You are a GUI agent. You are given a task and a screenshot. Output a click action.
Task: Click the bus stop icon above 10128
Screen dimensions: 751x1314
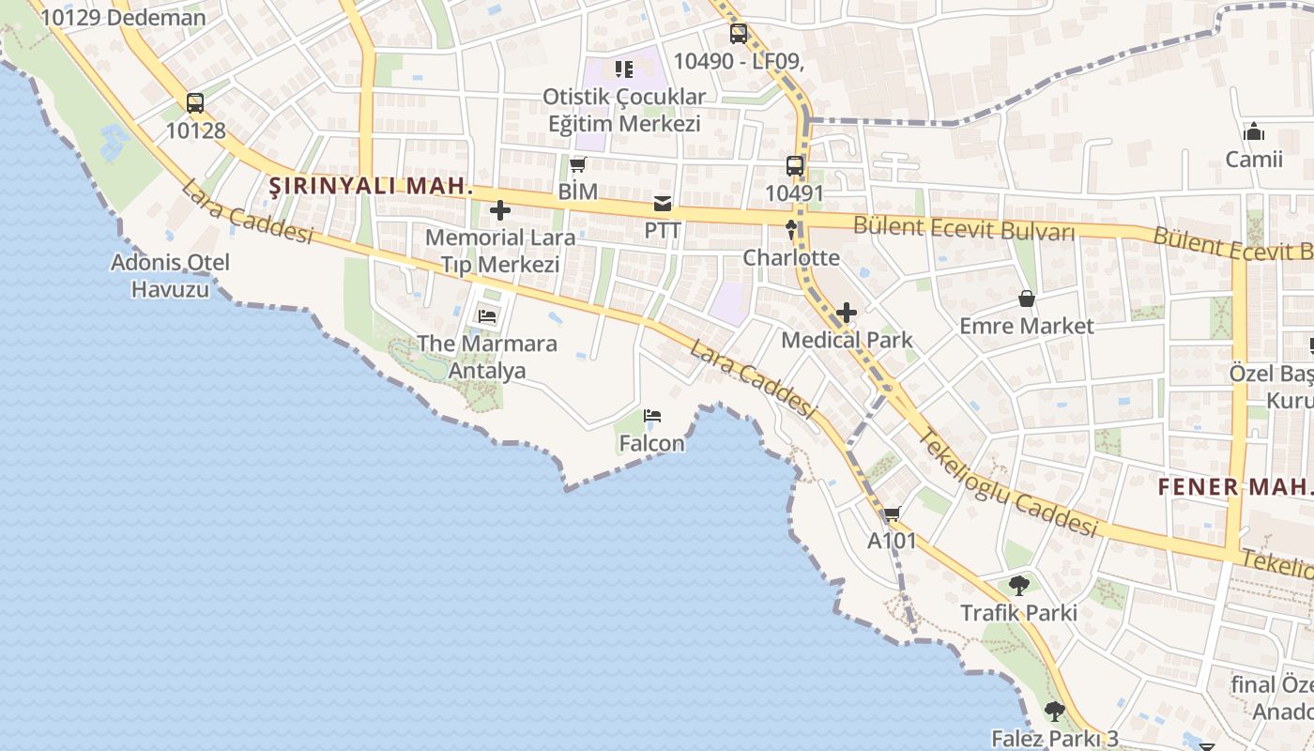[195, 103]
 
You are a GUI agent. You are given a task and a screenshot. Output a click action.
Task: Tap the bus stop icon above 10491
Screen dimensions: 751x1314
[795, 166]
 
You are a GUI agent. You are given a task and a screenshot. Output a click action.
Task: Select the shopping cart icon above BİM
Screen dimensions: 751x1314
[577, 165]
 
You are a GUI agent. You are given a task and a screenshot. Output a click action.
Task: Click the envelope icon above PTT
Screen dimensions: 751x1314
[663, 204]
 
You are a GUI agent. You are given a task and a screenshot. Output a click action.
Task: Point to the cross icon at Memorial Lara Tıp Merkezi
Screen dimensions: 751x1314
[500, 210]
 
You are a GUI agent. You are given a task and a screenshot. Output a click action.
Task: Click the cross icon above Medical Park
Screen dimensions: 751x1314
[847, 312]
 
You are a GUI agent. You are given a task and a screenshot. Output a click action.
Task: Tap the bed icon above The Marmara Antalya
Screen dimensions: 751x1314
[487, 316]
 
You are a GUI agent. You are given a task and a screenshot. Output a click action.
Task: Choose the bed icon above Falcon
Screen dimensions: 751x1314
[652, 416]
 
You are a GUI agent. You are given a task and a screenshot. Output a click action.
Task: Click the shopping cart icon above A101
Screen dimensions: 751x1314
[892, 514]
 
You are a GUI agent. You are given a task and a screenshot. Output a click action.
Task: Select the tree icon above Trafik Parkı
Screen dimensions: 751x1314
[1018, 586]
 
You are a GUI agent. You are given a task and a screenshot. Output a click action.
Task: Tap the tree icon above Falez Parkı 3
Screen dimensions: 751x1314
[1055, 712]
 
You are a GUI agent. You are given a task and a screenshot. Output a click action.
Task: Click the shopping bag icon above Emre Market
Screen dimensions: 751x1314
[1027, 299]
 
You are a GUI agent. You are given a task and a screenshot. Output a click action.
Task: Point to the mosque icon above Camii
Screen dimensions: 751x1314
[1254, 132]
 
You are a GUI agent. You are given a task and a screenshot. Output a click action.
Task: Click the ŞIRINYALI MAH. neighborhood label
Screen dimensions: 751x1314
[372, 186]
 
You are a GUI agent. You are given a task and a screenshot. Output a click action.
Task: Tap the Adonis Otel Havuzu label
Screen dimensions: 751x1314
[170, 275]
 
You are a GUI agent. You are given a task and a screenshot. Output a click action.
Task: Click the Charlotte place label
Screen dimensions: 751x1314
[791, 257]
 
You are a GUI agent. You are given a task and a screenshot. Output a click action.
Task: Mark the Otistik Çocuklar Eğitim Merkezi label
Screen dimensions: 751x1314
[623, 110]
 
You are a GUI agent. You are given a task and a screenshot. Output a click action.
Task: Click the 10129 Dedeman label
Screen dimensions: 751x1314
[123, 18]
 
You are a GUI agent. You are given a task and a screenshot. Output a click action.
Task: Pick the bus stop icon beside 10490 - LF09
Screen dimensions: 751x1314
[739, 34]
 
